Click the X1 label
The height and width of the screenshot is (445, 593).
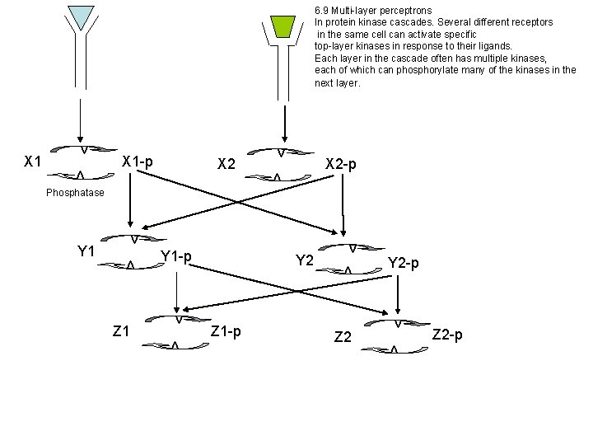tap(33, 161)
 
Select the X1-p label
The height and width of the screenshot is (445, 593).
tap(137, 160)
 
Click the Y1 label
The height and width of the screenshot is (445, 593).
tap(86, 251)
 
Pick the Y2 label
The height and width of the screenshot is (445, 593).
tap(305, 260)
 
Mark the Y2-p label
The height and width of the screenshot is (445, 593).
tap(403, 264)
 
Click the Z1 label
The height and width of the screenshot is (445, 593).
tap(121, 331)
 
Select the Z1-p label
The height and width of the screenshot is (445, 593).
tap(226, 331)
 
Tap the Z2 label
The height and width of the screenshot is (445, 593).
tap(343, 336)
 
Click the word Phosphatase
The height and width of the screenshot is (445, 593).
tap(76, 193)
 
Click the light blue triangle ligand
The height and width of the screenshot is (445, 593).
tap(81, 16)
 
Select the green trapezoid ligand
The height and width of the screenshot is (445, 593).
tap(282, 26)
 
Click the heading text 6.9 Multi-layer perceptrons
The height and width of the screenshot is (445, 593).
tap(373, 11)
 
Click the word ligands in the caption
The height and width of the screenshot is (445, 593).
tap(495, 46)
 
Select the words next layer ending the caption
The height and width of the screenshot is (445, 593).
tap(337, 82)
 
